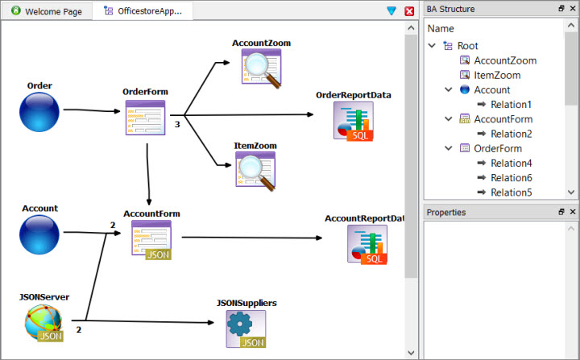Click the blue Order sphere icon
click(39, 111)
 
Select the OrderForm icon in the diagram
click(145, 118)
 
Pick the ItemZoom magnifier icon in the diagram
click(255, 170)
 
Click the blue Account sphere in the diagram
click(39, 234)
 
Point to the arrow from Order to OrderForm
click(90, 110)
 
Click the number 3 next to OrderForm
click(176, 125)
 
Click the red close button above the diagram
click(409, 11)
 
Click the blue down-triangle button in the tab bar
click(391, 11)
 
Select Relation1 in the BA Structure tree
click(511, 105)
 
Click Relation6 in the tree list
click(511, 177)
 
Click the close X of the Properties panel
click(573, 212)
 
